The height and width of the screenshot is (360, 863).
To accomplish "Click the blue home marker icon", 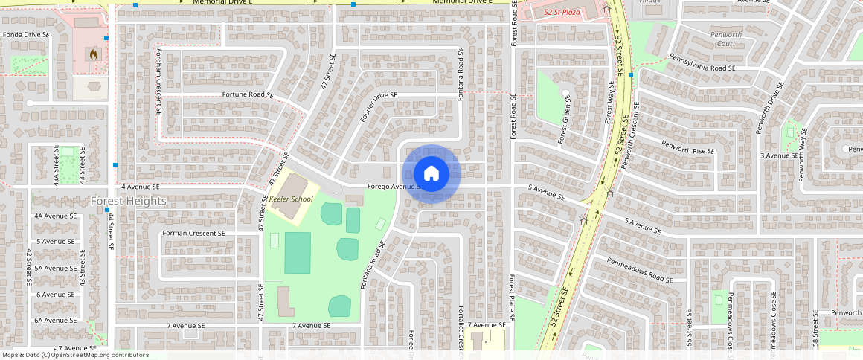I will click(431, 173).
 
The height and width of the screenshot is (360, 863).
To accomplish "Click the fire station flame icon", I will click(92, 54).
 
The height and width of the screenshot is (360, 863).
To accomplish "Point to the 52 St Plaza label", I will click(562, 13).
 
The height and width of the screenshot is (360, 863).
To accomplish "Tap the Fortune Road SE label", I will click(248, 95).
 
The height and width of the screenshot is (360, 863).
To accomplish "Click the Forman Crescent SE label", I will click(193, 233).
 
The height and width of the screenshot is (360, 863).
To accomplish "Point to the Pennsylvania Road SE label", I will click(702, 68).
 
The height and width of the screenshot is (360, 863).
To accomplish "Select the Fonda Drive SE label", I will click(26, 34).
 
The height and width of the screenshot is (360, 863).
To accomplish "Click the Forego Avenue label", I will click(393, 187).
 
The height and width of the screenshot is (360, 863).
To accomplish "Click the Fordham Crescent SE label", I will click(158, 82).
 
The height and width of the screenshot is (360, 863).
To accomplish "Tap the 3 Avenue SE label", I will click(778, 155).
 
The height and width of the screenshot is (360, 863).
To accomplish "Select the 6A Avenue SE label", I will click(56, 320).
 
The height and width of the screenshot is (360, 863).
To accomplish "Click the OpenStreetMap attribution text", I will click(74, 355).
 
